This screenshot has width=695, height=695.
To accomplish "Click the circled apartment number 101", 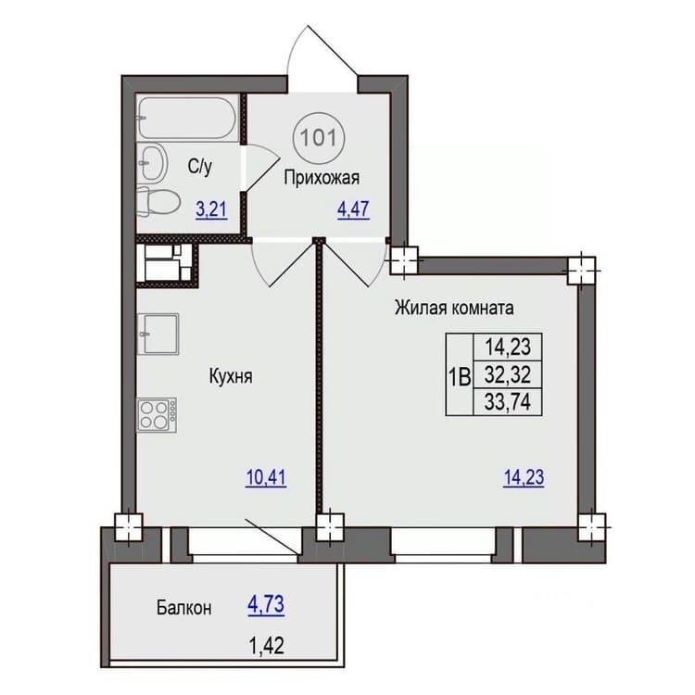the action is coord(318,138).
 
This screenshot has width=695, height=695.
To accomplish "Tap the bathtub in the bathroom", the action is coord(188,118).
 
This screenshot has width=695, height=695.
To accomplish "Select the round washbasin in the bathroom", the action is coord(152,162).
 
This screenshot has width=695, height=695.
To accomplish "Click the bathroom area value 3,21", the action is coord(211,210).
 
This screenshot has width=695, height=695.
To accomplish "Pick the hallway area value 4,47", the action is coord(353,209).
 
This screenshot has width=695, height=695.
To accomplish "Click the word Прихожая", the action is coord(322,178).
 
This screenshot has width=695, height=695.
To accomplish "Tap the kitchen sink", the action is coord(158,334).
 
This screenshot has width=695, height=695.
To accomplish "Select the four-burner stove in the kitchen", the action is coord(157,415).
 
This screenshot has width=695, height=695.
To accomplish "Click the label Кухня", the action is coord(231,377).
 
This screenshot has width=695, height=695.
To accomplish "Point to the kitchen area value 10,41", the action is coord(266,478).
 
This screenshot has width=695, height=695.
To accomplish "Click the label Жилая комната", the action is coord(454,308).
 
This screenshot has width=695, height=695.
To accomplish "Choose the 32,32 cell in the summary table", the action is coord(508,375).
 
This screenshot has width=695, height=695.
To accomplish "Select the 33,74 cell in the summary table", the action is coord(508,402).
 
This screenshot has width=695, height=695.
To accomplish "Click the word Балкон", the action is coord(184,608).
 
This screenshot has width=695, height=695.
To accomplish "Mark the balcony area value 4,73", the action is coord(266,604).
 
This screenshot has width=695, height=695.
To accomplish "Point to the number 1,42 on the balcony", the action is coord(266,645).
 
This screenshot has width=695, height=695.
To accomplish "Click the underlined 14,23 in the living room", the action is coord(524,478).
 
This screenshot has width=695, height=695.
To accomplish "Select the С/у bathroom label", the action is coord(200,167).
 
